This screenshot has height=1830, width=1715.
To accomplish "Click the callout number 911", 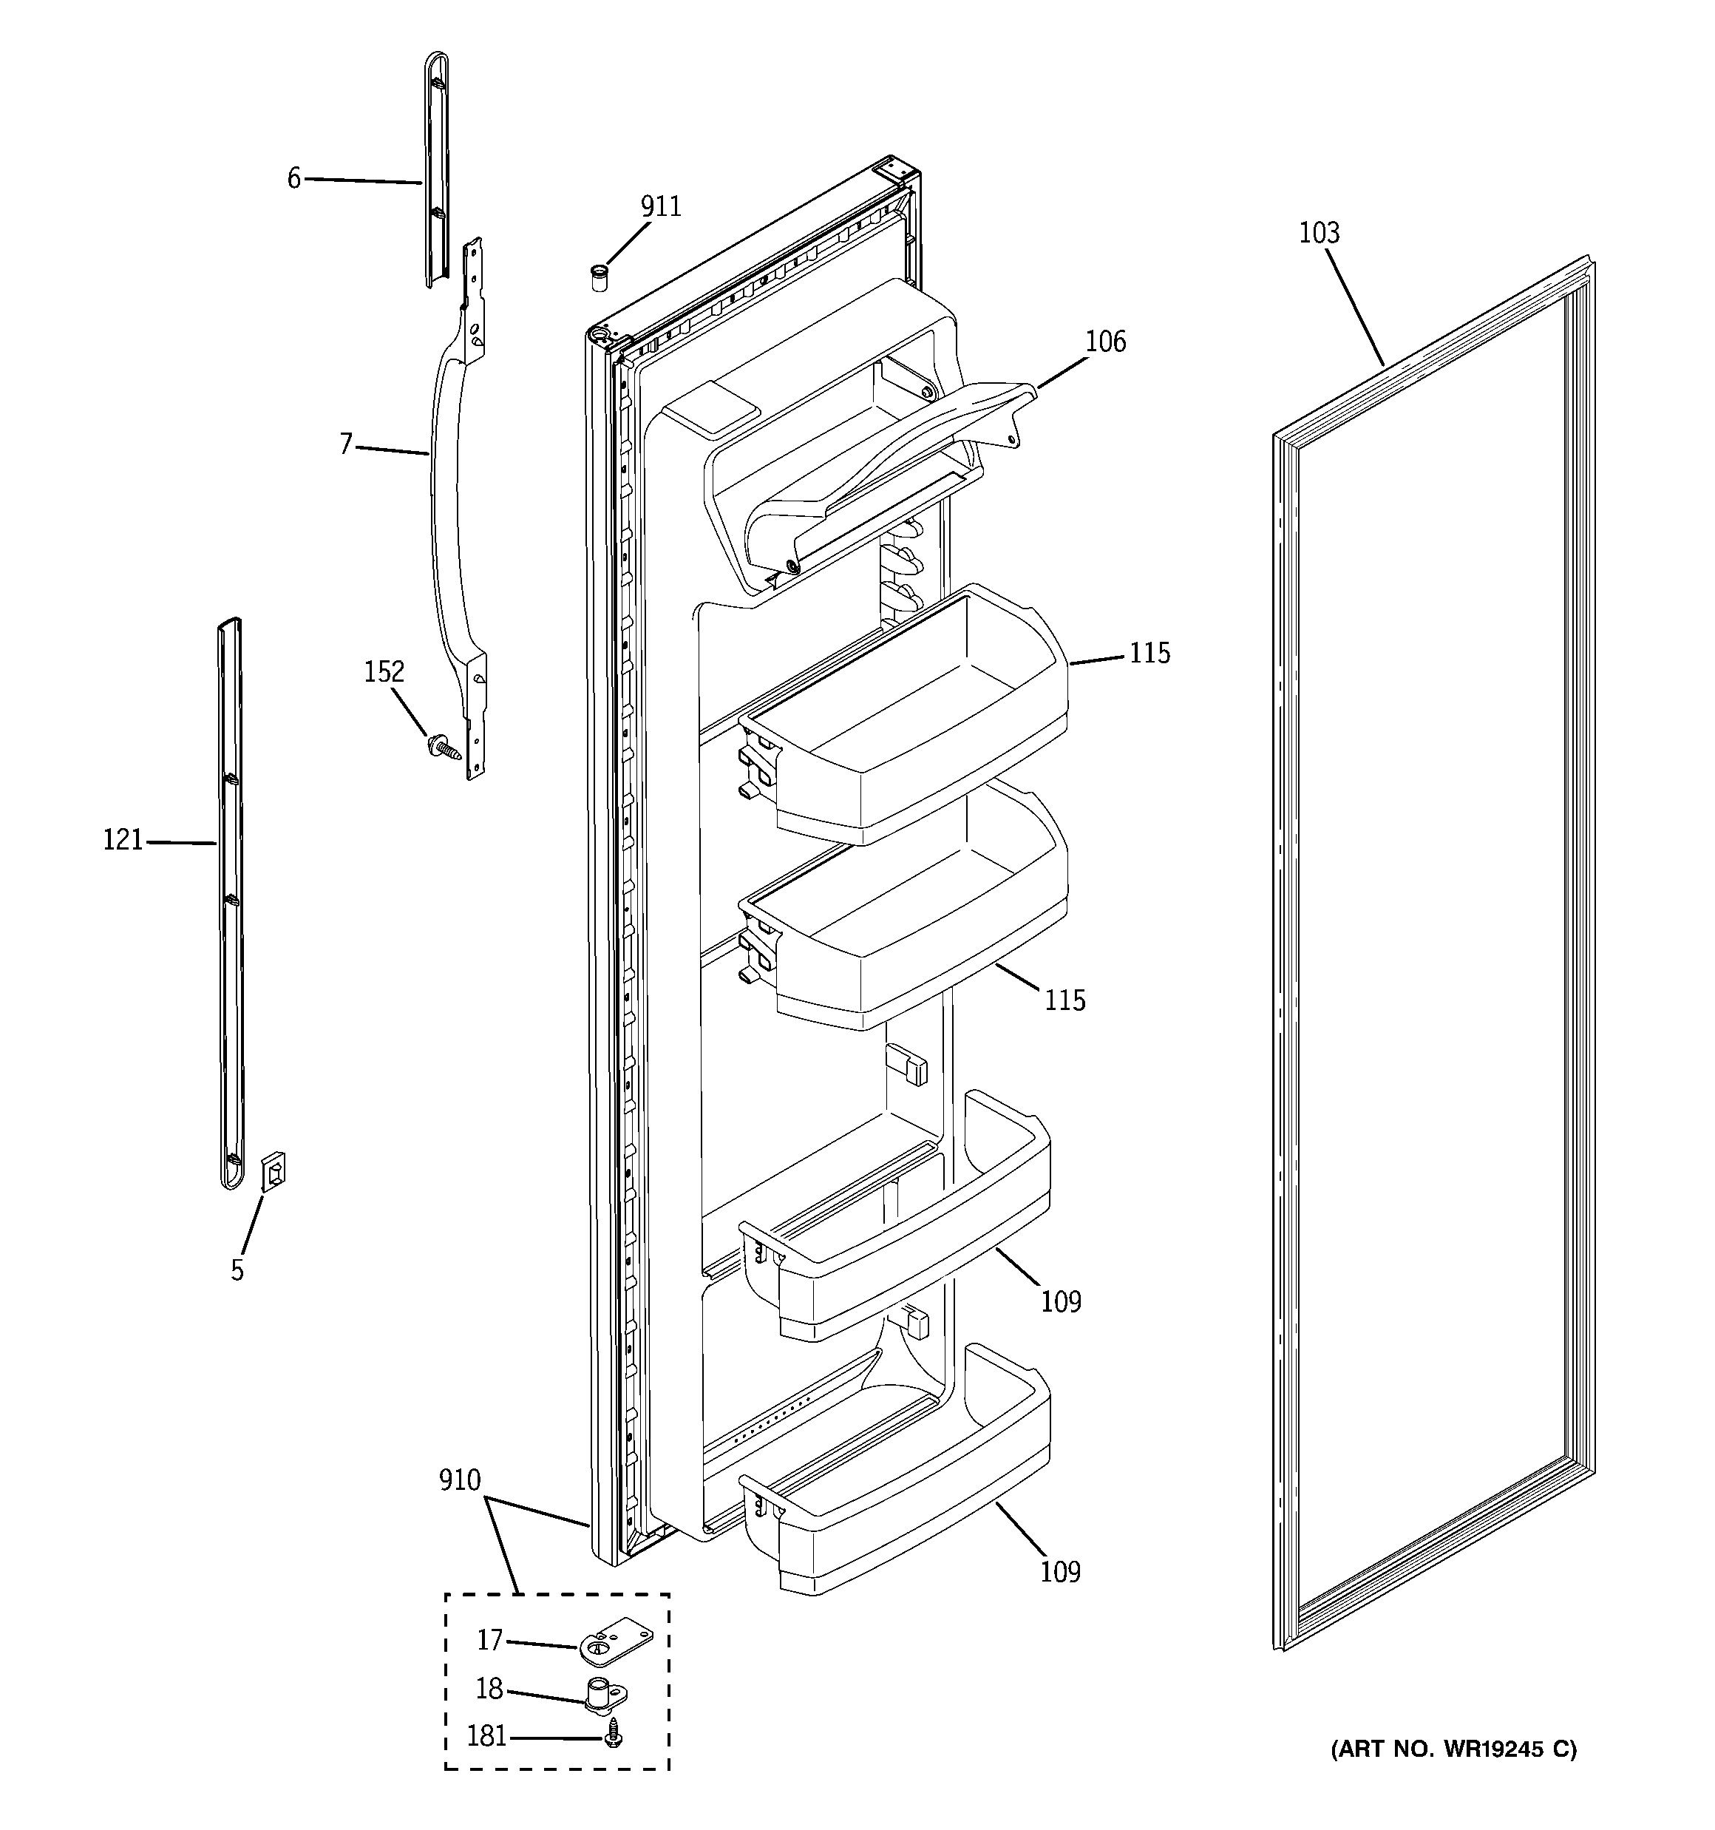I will pos(661,207).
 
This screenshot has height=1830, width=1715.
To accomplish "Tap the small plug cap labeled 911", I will pos(600,276).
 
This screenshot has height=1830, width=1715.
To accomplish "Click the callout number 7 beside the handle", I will pos(346,444).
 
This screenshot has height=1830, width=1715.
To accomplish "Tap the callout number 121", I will pos(123,839).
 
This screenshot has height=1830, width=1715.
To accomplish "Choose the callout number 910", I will pos(459,1480).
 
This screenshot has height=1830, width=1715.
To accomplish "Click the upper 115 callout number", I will pos(1149,654).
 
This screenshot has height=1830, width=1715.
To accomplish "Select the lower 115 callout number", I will pos(1064,1000).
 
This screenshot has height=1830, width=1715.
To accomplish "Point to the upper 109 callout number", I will pos(1061,1301).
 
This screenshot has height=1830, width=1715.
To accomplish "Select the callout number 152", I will pos(384,672).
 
